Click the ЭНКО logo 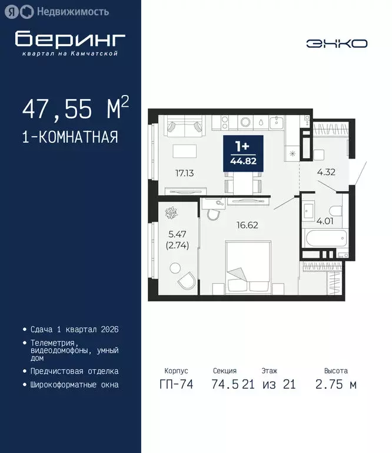pos(337,43)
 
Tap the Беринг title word pos(71,40)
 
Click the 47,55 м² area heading pos(75,109)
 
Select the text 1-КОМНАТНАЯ pos(70,137)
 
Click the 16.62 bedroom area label pos(248,225)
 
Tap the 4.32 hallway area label pos(326,173)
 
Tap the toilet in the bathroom pos(336,211)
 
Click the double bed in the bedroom pos(247,268)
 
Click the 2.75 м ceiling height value pos(336,385)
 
